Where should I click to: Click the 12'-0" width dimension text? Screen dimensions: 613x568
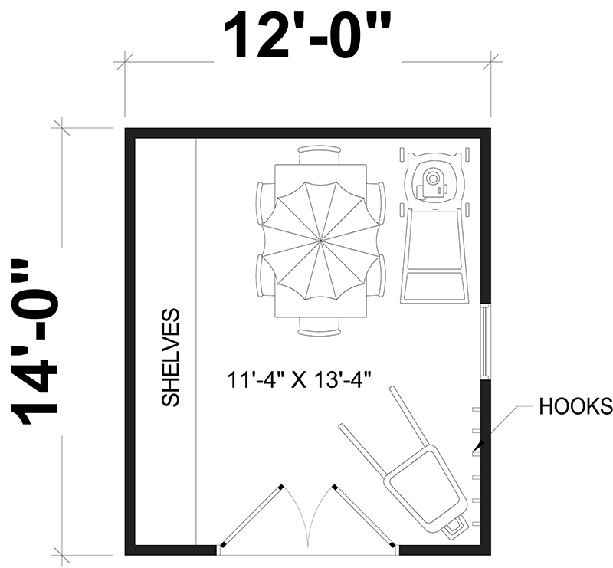point(307,36)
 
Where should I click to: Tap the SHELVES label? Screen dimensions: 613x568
point(170,357)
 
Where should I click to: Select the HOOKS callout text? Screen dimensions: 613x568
point(575,406)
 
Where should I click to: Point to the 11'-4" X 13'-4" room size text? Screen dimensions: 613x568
point(299,380)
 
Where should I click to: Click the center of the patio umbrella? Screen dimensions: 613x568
point(320,241)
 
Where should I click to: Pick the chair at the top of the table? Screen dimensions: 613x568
point(319,156)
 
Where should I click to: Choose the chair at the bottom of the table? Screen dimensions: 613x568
point(319,327)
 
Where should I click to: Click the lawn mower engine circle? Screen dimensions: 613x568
point(432,179)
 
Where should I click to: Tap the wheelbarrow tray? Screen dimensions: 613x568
point(425,489)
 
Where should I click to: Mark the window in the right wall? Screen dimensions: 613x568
point(485,341)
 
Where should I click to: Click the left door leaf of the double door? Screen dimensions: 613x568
point(252,517)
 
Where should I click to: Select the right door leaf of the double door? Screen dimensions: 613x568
point(365,517)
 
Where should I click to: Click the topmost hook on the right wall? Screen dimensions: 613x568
point(476,409)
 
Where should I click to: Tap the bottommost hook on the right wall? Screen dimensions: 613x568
point(476,524)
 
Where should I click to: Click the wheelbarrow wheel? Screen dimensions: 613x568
point(454,528)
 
